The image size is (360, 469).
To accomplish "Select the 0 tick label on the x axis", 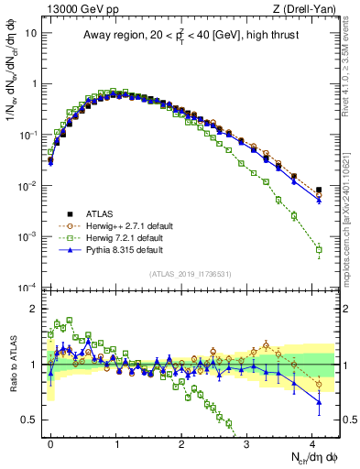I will pyautogui.click(x=50, y=442).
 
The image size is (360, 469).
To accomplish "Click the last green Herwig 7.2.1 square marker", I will pyautogui.click(x=318, y=249).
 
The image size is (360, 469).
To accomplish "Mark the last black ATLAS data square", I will pyautogui.click(x=318, y=191).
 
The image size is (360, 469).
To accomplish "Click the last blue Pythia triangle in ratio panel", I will pyautogui.click(x=318, y=402).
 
